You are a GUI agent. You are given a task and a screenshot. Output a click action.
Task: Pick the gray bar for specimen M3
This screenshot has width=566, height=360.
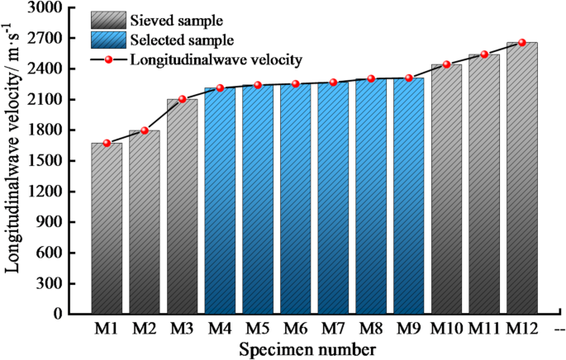point(182,206)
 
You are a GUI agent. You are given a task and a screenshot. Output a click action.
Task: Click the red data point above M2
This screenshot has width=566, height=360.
point(145,130)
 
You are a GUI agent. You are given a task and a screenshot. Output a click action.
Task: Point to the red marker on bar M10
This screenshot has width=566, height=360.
point(447,64)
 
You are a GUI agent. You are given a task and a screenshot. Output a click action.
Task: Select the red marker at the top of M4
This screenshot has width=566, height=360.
point(221,88)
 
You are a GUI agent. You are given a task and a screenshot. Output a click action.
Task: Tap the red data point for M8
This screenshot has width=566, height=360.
point(371,79)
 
